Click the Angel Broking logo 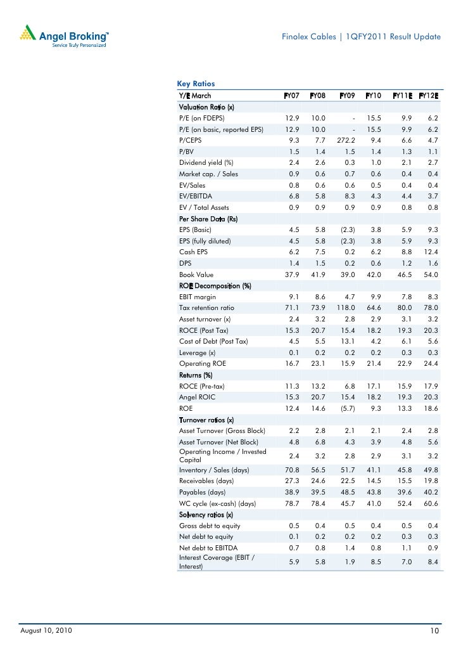click(x=64, y=37)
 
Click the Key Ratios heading click(x=196, y=84)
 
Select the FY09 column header click(x=346, y=96)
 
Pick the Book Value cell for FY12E click(x=430, y=275)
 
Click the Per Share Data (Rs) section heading click(x=208, y=219)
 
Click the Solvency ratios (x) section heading click(x=206, y=514)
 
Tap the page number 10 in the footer click(x=435, y=631)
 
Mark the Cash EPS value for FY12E click(x=430, y=252)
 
